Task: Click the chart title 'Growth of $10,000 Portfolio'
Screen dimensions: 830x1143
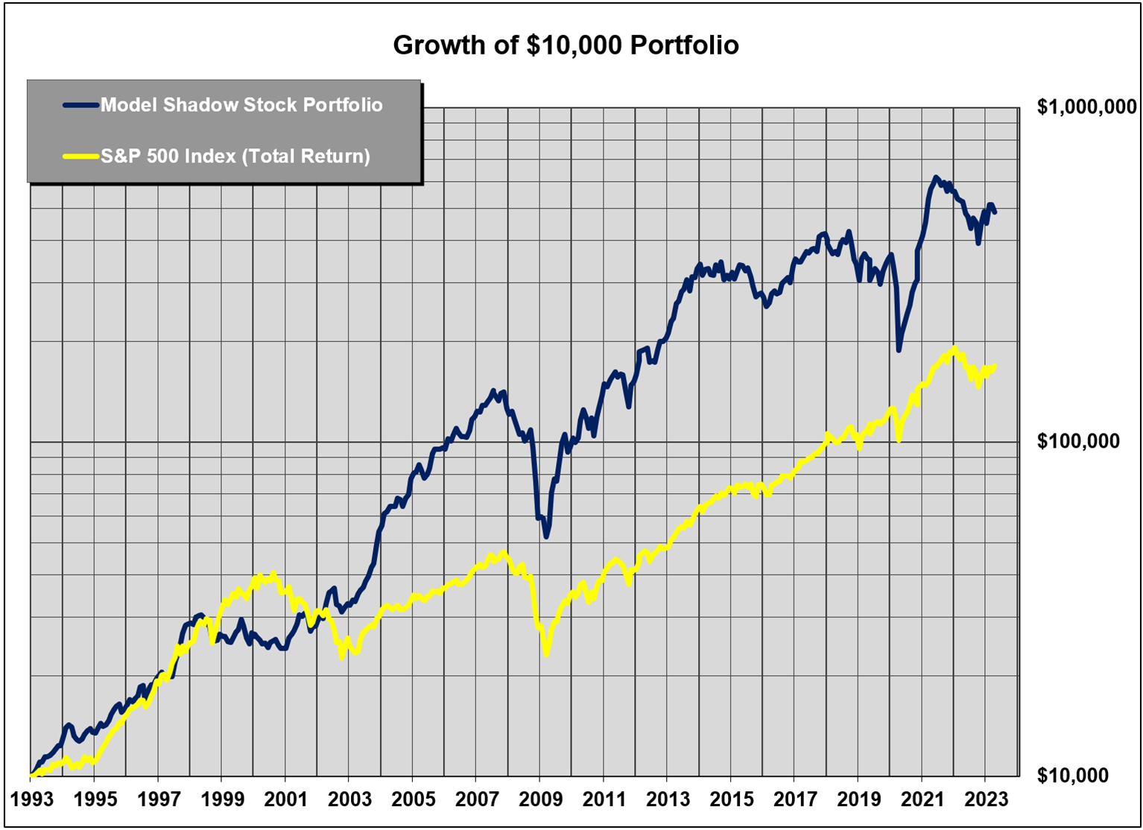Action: (566, 45)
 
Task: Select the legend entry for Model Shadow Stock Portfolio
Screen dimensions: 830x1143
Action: (241, 105)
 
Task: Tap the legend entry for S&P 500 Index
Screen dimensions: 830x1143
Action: (235, 156)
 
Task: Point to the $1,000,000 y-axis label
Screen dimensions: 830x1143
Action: (1086, 107)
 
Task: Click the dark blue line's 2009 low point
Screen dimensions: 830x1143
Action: (546, 536)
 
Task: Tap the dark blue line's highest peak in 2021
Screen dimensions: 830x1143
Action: (936, 178)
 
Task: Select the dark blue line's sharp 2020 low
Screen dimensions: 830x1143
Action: (899, 349)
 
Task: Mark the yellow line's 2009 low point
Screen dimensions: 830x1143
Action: (546, 653)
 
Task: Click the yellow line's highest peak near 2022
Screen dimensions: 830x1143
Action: (954, 349)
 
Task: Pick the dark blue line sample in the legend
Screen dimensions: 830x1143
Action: (81, 105)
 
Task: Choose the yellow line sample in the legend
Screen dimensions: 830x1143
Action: (81, 156)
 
